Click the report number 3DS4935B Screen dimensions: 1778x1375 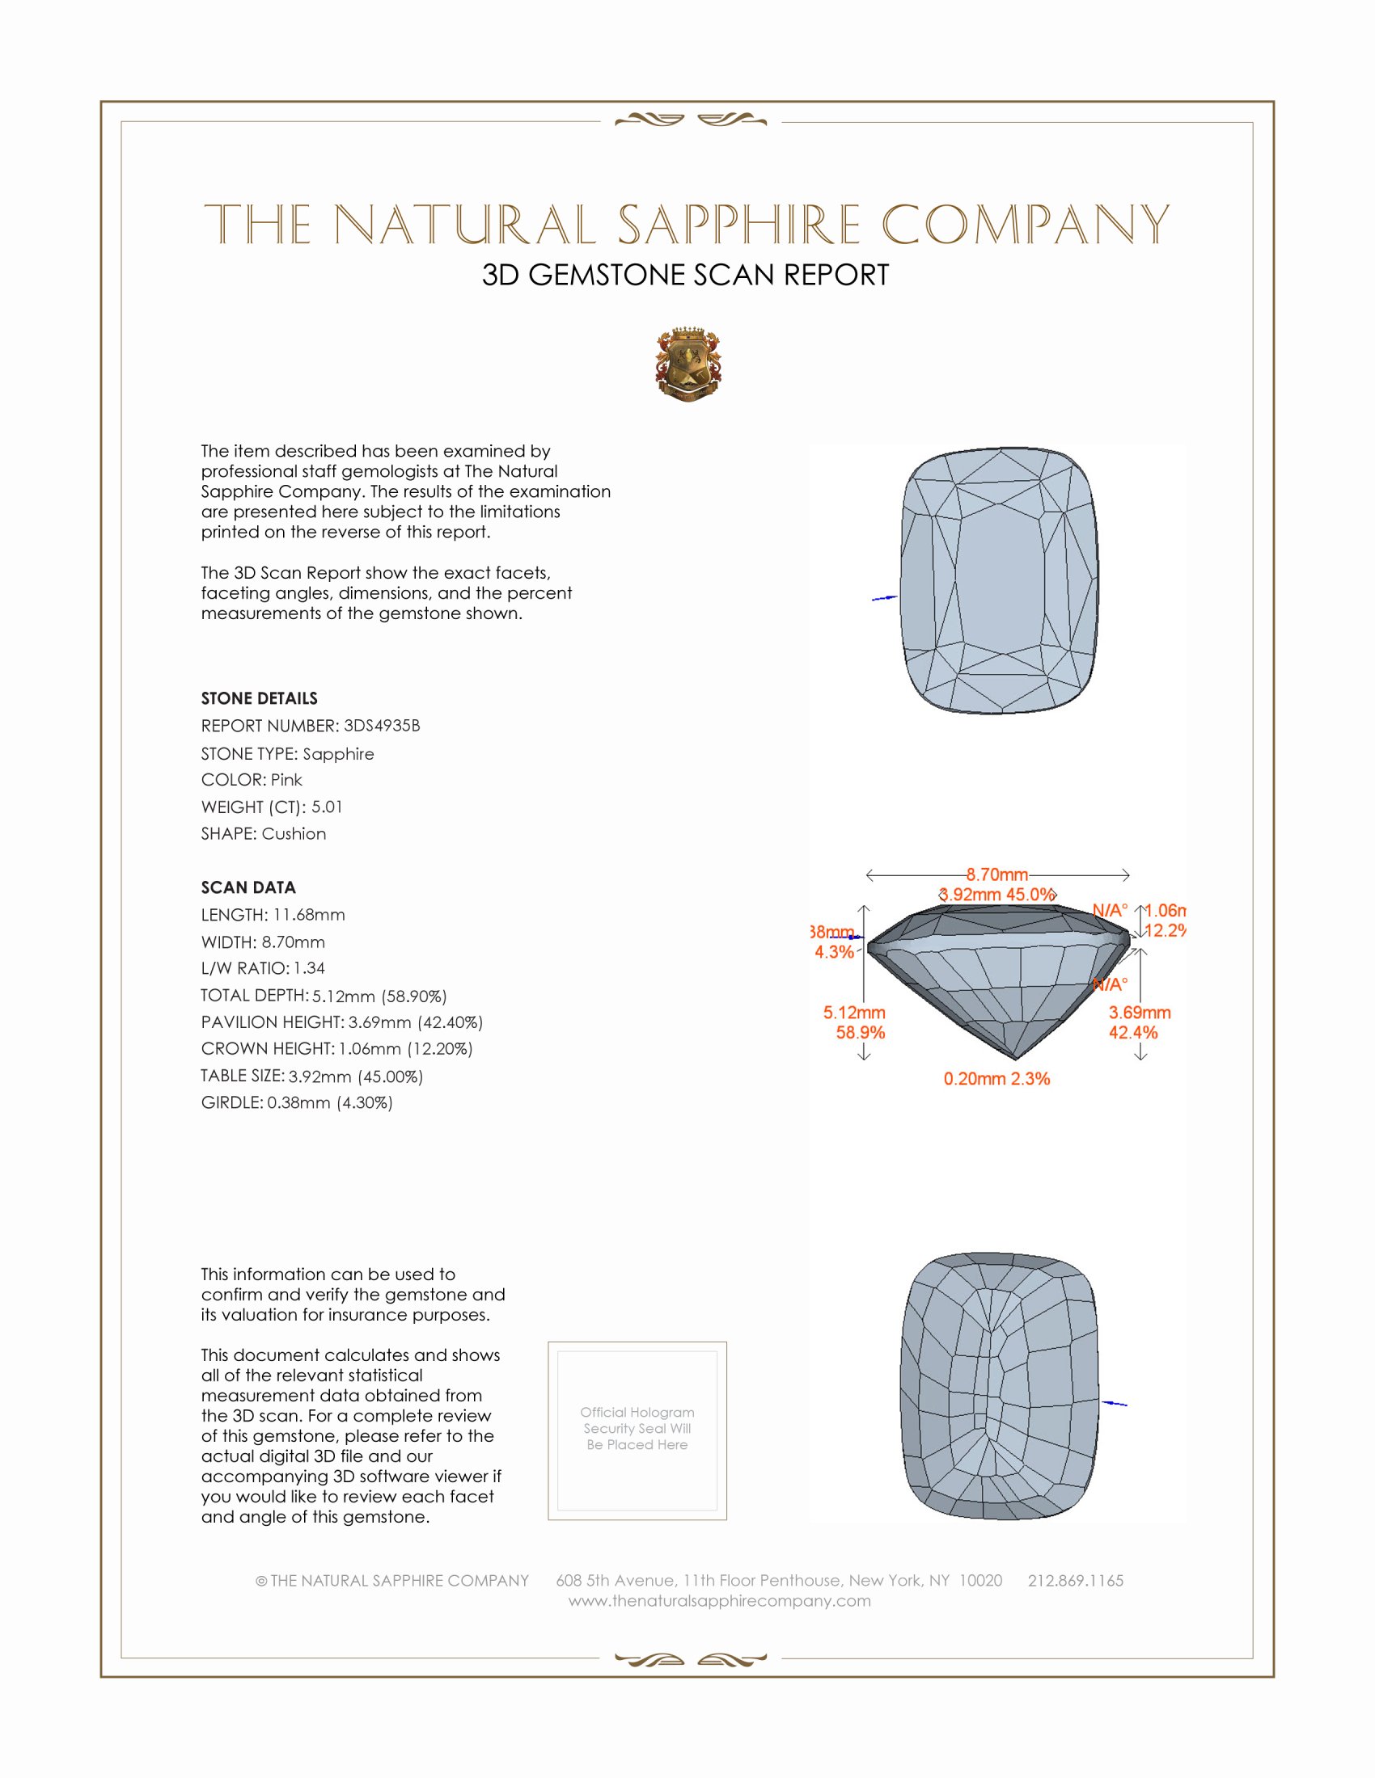pos(381,726)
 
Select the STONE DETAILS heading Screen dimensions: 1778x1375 pos(259,698)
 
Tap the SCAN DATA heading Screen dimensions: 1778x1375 pos(248,887)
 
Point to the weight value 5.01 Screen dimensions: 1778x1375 pos(327,807)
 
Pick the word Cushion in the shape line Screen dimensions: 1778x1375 pos(294,834)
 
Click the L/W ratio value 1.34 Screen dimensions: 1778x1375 pos(309,968)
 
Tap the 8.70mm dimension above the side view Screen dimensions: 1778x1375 pos(997,874)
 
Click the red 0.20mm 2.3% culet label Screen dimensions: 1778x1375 pos(996,1079)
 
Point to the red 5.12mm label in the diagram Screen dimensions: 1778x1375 pos(853,1013)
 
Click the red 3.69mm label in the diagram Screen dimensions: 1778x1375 pos(1139,1013)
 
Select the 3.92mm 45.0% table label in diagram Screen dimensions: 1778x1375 pos(997,894)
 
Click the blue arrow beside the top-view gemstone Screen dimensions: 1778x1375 pos(884,598)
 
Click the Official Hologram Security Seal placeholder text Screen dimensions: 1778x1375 pos(637,1428)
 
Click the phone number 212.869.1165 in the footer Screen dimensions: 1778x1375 pos(1075,1580)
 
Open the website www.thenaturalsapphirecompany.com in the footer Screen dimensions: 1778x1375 pos(719,1600)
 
